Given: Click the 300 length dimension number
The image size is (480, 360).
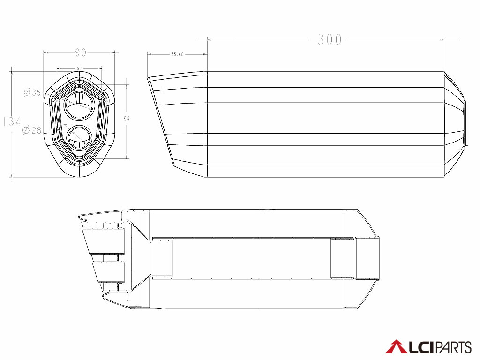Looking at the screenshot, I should pos(330,40).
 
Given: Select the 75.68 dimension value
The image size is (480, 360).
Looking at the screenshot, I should pos(177,54).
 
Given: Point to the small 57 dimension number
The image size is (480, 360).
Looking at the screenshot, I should pos(79,69).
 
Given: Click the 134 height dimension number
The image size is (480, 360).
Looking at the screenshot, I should pos(12,122).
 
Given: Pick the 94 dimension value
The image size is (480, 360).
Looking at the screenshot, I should pos(126,119).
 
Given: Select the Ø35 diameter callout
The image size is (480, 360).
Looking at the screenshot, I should pos(32,92).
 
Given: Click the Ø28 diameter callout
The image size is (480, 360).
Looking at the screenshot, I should pos(32,130).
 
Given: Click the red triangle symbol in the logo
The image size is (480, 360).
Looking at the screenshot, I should pos(395,347).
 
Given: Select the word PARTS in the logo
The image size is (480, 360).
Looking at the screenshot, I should pos(453,347).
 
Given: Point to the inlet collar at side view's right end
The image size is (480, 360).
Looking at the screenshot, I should pos(466,123).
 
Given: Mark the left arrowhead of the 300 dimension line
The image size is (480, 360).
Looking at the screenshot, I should pos(210,40).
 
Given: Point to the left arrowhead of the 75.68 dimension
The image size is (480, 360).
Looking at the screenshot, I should pos(149,54).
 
